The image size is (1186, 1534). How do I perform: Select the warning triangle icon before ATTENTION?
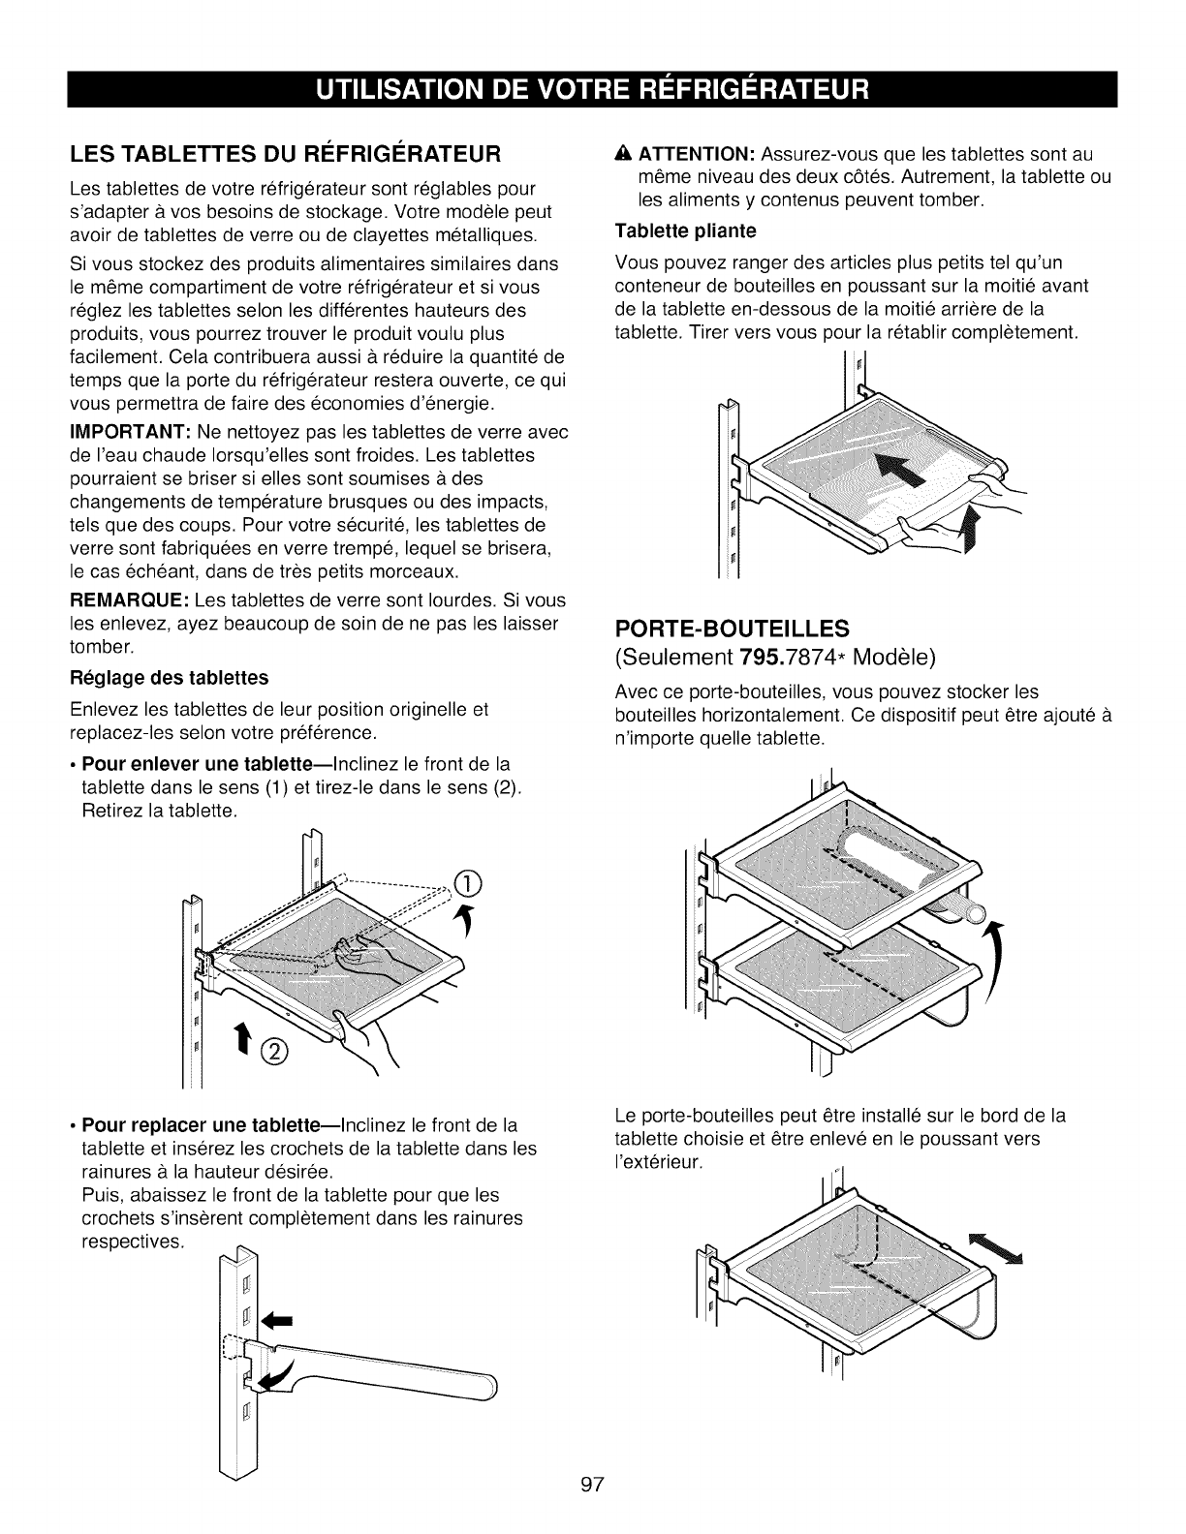tap(622, 155)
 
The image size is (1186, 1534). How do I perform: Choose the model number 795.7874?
tap(803, 659)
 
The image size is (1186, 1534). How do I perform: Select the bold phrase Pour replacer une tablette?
tap(178, 1125)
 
